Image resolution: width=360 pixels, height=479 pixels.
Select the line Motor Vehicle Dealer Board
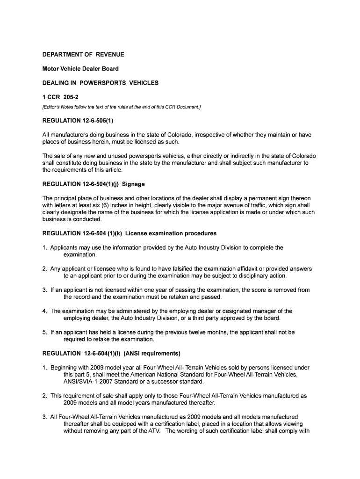point(80,69)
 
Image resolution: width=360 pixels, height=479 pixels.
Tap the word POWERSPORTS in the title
point(102,83)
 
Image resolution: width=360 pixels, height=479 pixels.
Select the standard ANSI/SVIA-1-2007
point(91,381)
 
